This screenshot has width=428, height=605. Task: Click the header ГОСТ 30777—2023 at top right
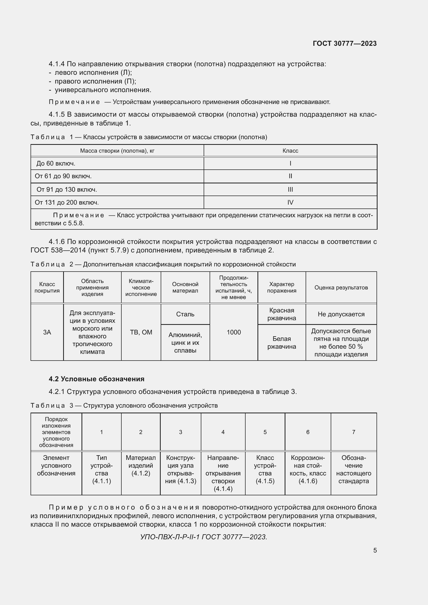344,43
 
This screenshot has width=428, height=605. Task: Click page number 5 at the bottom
375,550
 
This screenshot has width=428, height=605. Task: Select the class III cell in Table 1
290,189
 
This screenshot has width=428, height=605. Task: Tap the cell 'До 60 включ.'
56,164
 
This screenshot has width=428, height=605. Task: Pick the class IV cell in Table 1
290,202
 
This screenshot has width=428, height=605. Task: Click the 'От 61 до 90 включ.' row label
63,176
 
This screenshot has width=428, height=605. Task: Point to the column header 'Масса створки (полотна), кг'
117,151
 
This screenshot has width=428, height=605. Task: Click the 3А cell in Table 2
47,332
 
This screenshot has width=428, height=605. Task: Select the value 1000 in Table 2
233,332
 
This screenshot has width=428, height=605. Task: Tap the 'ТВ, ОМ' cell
141,332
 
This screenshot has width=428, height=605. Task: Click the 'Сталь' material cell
185,314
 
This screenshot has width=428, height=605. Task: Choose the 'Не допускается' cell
341,314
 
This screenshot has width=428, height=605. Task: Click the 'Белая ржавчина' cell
282,342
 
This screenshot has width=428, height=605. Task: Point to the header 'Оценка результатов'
341,287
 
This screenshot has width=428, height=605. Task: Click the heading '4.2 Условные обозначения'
97,379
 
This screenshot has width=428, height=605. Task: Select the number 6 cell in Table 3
308,432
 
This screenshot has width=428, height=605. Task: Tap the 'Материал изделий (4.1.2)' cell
141,466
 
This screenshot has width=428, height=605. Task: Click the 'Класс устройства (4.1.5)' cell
265,469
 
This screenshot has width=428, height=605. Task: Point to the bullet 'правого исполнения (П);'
95,81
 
